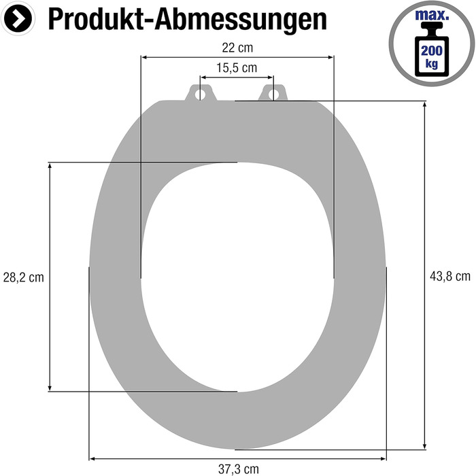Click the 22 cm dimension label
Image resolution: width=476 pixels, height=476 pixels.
click(237, 48)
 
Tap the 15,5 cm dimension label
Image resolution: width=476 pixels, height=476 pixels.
click(237, 68)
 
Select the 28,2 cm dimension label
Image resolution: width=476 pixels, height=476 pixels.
click(23, 277)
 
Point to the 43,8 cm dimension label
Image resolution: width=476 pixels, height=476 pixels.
click(450, 276)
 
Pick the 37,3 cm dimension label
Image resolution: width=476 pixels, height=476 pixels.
click(239, 469)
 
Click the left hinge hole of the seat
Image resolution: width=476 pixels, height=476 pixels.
click(200, 94)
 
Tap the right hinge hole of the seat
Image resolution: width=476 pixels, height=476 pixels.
click(273, 94)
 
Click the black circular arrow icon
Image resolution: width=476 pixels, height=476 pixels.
click(18, 18)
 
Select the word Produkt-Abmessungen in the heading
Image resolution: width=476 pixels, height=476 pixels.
click(188, 19)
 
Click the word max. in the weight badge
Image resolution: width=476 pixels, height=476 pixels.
click(432, 14)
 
